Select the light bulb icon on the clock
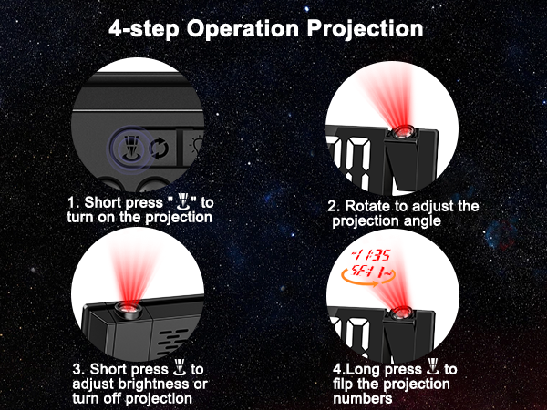pos(196,146)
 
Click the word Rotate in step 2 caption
pos(369,207)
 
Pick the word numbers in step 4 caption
pos(360,398)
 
